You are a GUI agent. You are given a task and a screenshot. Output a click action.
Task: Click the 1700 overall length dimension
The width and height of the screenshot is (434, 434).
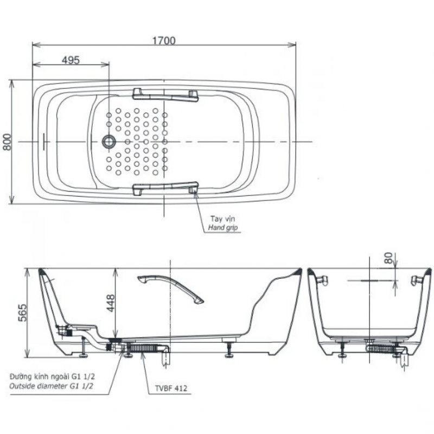164,41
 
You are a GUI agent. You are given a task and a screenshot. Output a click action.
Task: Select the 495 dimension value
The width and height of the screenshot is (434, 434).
71,60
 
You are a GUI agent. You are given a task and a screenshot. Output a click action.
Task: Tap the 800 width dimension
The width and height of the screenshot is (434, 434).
7,142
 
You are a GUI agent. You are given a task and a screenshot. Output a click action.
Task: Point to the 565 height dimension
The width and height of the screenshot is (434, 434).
23,313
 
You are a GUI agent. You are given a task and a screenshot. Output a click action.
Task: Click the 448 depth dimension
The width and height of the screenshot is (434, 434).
111,303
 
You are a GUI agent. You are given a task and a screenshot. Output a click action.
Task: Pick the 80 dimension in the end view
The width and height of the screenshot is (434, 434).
388,258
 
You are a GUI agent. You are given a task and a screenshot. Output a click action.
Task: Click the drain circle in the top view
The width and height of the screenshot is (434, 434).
109,142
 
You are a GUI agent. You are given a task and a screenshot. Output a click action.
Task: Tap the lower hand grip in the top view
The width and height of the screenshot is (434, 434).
165,188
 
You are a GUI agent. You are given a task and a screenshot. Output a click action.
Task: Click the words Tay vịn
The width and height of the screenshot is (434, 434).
222,219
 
